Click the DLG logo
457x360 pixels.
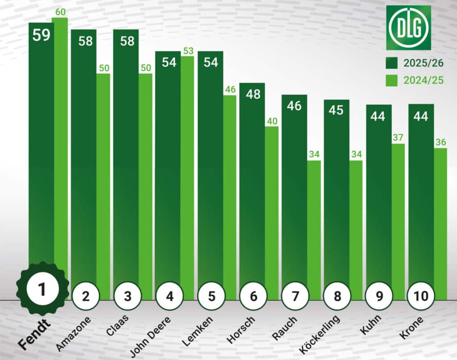click(408, 27)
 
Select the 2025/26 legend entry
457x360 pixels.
click(415, 63)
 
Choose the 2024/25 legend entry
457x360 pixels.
click(415, 80)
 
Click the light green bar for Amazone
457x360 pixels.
click(103, 178)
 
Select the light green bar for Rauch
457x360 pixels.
click(314, 223)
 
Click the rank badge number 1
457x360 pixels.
click(42, 290)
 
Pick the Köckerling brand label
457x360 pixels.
click(319, 335)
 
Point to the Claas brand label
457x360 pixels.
click(118, 327)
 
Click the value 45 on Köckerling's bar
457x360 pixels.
click(336, 110)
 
